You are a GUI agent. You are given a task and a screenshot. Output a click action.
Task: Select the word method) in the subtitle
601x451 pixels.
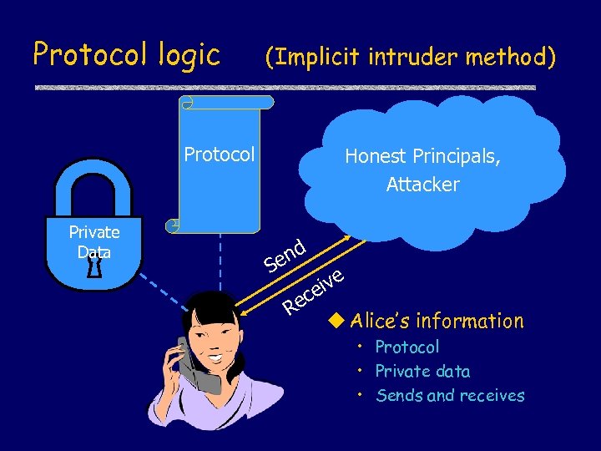(x=511, y=57)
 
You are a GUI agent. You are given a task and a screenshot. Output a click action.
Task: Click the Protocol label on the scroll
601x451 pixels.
(x=219, y=155)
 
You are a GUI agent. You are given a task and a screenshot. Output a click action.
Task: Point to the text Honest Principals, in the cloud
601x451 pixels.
(x=422, y=156)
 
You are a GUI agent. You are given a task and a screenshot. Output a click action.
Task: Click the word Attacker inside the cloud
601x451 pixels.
(x=422, y=185)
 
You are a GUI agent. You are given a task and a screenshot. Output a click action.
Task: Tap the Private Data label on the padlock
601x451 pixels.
(x=93, y=241)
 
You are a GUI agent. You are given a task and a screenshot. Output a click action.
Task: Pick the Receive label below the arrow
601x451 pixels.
(x=312, y=291)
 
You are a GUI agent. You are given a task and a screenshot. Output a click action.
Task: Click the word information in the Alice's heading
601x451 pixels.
(x=471, y=321)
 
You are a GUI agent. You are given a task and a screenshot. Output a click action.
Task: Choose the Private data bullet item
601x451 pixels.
(x=422, y=371)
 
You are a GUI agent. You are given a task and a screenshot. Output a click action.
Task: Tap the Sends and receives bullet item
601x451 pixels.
(x=450, y=395)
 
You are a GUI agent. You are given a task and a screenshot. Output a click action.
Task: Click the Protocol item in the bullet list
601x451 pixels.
(x=407, y=347)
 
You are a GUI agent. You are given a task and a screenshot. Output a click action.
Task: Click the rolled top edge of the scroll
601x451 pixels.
(x=227, y=102)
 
